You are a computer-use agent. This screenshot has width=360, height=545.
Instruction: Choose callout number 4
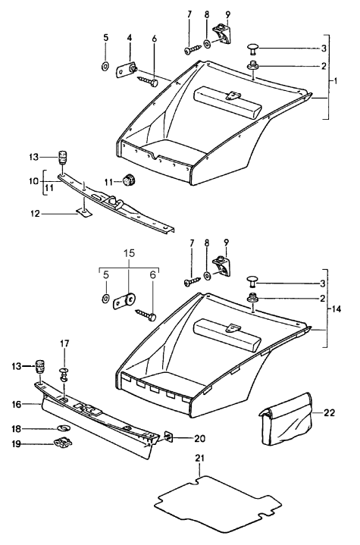tap(129, 38)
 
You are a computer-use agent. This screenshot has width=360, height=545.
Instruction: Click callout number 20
tap(199, 437)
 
